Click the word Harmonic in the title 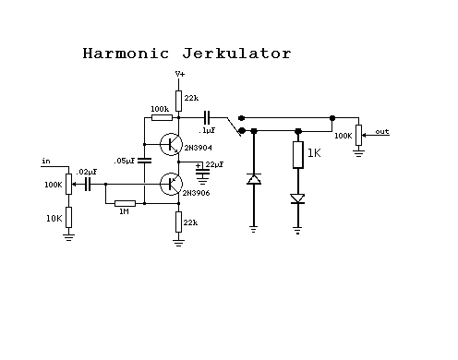[x=126, y=54]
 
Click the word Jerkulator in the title [x=236, y=54]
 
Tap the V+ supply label [x=180, y=74]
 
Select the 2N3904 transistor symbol [x=171, y=144]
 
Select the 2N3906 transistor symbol [x=171, y=184]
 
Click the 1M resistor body [x=125, y=203]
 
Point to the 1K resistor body [x=298, y=155]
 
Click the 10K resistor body [x=69, y=217]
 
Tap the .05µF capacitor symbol [x=144, y=161]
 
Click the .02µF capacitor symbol [x=88, y=185]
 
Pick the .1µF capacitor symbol [x=207, y=117]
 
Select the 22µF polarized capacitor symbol [x=202, y=172]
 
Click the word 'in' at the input [x=46, y=161]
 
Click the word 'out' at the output [x=382, y=132]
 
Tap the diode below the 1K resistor [x=297, y=198]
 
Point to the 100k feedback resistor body [x=162, y=117]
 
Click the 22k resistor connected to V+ [x=178, y=101]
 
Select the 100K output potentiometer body [x=358, y=135]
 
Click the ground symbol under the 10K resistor [x=68, y=237]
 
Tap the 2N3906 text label [x=196, y=193]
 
